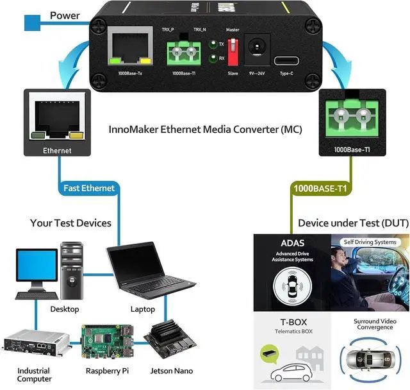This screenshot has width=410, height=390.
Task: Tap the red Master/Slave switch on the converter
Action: click(233, 49)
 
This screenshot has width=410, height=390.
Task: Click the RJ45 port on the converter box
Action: click(130, 49)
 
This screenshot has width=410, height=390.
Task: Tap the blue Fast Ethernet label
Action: click(89, 188)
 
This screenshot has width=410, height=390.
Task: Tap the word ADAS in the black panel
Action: click(292, 244)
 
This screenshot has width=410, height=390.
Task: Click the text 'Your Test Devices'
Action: click(70, 223)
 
